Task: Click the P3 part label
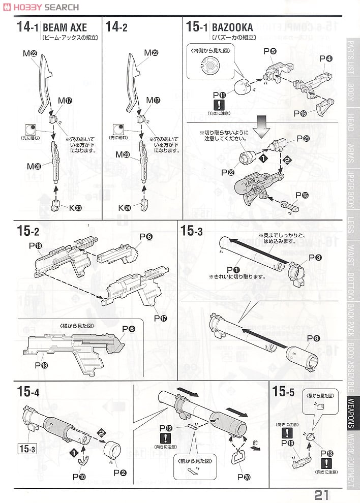315,258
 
